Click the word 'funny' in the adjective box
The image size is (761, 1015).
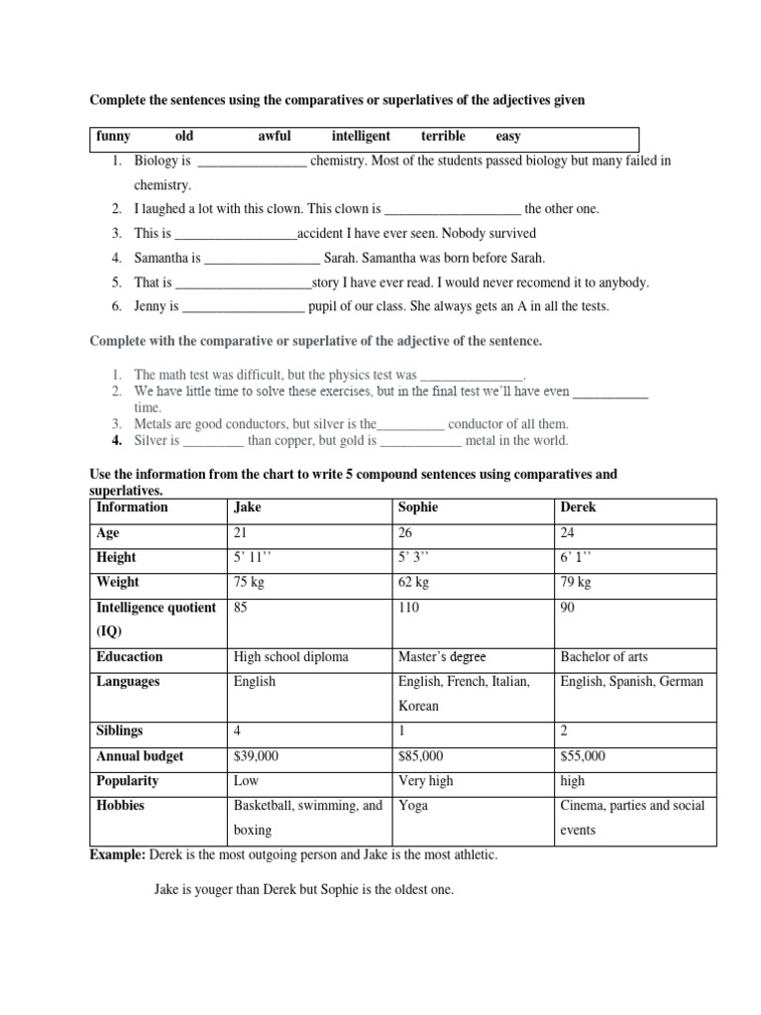pyautogui.click(x=113, y=137)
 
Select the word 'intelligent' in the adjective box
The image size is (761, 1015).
pyautogui.click(x=361, y=137)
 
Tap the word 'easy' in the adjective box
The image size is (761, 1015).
pyautogui.click(x=508, y=137)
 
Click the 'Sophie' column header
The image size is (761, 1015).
pyautogui.click(x=418, y=507)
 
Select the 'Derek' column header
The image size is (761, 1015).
pyautogui.click(x=579, y=507)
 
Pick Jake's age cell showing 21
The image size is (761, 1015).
pyautogui.click(x=241, y=532)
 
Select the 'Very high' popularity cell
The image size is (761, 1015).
pyautogui.click(x=425, y=781)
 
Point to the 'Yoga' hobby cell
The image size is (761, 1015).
pyautogui.click(x=413, y=806)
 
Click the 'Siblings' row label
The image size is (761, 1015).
pyautogui.click(x=120, y=732)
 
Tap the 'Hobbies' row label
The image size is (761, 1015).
pyautogui.click(x=121, y=806)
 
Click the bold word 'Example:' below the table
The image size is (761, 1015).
pyautogui.click(x=118, y=854)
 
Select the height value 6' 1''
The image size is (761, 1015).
pyautogui.click(x=576, y=557)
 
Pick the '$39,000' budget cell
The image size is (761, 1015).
pyautogui.click(x=257, y=756)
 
